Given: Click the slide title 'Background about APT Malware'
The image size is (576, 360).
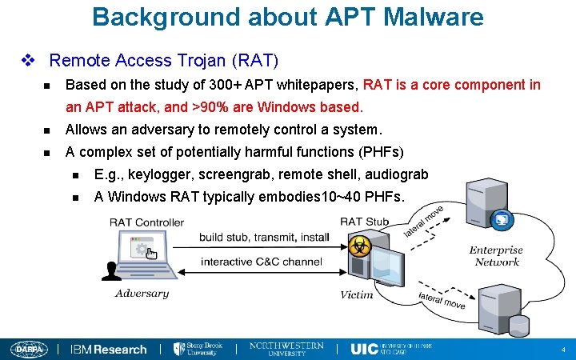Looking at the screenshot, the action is (x=288, y=17).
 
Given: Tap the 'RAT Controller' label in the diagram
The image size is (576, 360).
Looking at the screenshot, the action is (x=146, y=222).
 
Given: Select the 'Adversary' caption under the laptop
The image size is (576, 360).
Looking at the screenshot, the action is (x=142, y=294).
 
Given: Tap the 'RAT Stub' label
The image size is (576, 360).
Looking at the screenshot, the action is (x=364, y=222).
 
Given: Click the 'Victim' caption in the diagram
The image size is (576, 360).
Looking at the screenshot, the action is (x=357, y=294).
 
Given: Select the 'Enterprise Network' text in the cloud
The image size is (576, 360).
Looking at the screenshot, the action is (x=497, y=256).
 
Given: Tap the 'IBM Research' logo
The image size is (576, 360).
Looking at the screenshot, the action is (x=109, y=349).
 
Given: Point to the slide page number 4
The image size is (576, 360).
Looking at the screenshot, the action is (x=563, y=350).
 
